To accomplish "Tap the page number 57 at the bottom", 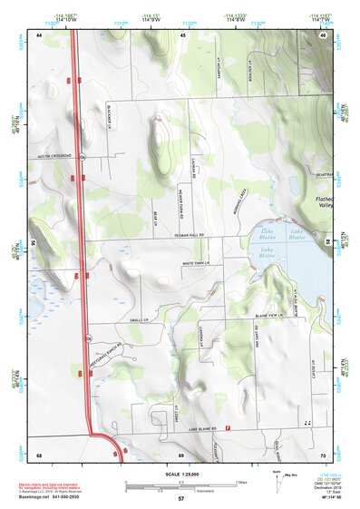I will [181, 499].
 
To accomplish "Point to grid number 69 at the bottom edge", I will [181, 454].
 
